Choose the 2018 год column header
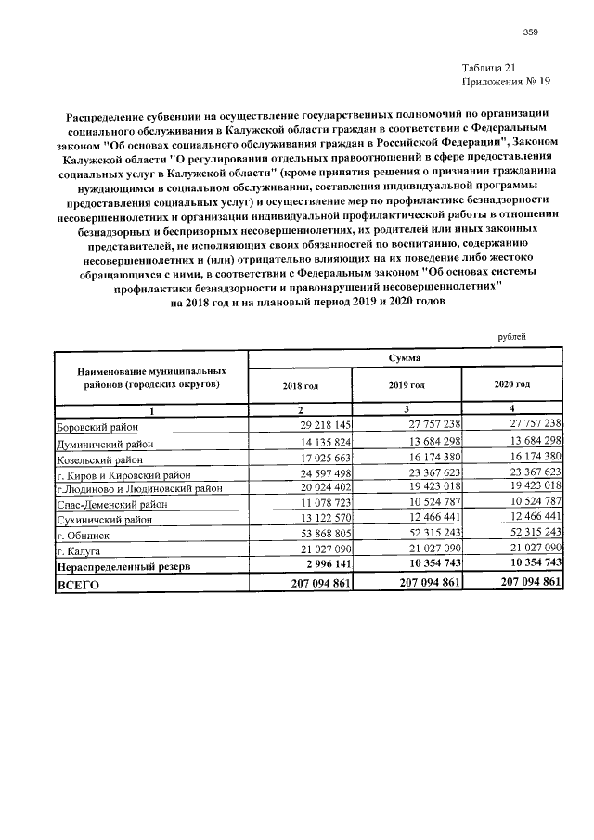tap(300, 384)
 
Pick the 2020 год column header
tap(512, 384)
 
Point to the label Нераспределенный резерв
tap(123, 565)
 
